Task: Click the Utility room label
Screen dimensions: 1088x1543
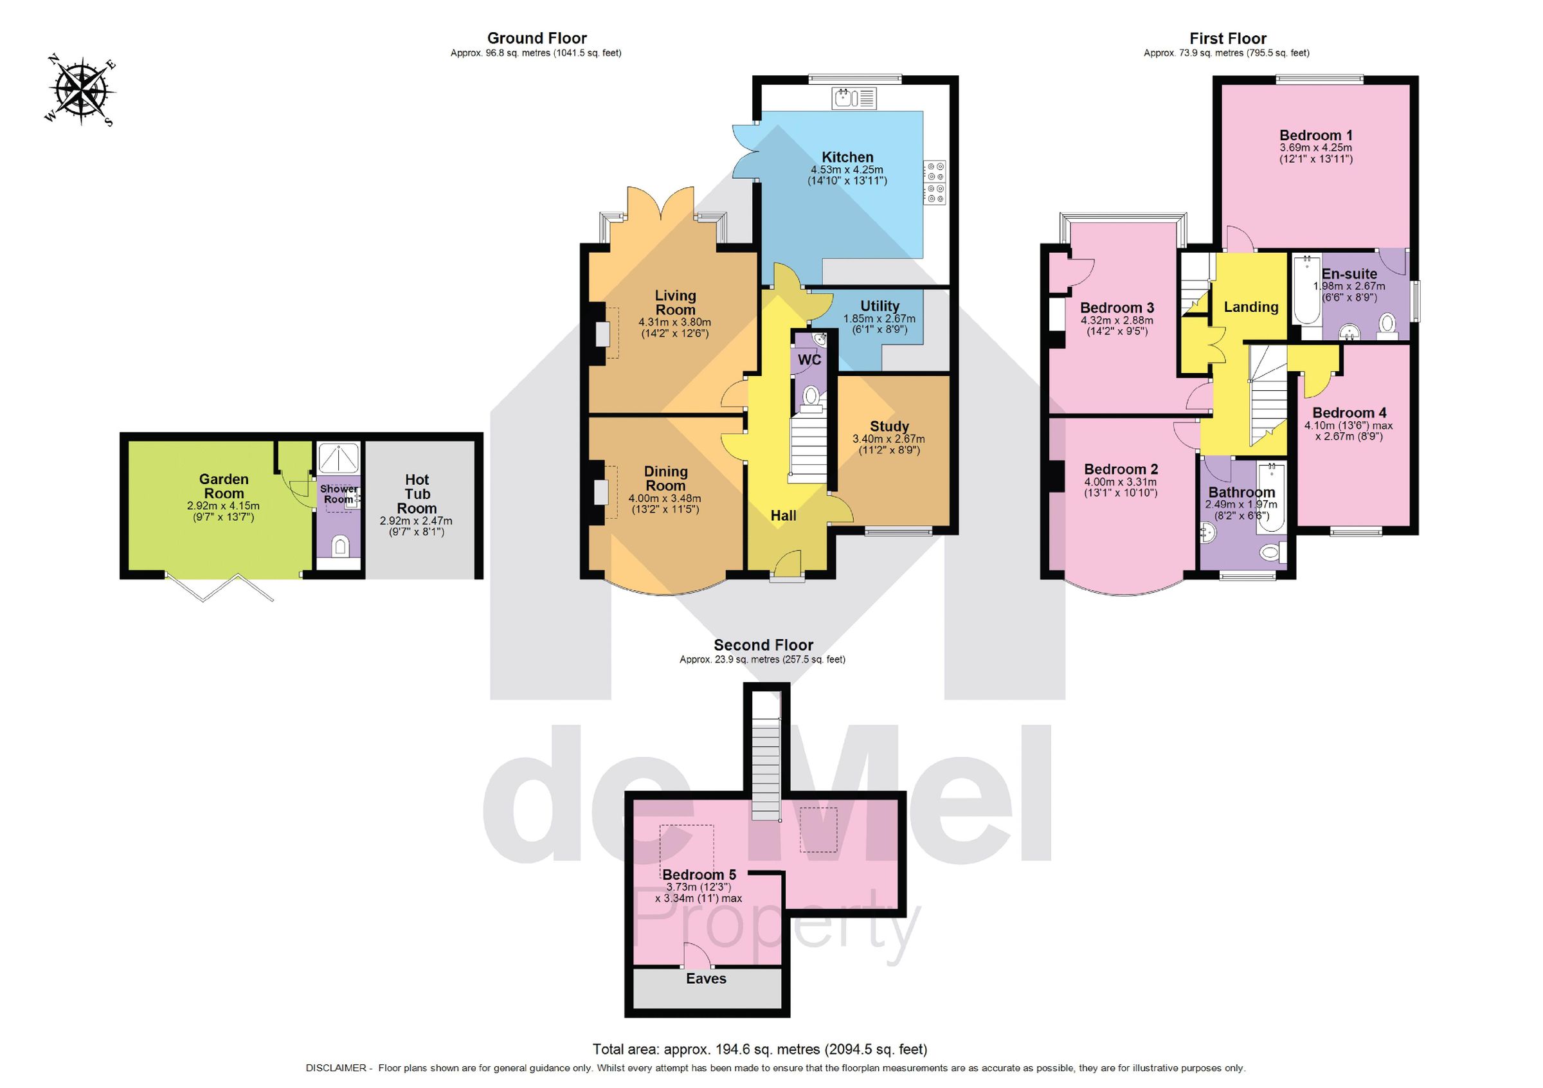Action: click(x=879, y=306)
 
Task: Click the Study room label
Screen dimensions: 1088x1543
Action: click(x=889, y=426)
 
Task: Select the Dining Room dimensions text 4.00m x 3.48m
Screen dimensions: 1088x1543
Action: click(x=664, y=498)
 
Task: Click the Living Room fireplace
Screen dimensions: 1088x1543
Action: click(x=602, y=334)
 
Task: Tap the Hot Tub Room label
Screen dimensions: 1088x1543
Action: click(x=417, y=494)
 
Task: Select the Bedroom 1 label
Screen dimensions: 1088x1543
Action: click(x=1315, y=135)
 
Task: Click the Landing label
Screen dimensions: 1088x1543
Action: click(x=1250, y=307)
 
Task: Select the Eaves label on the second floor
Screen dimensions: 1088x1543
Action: click(x=706, y=979)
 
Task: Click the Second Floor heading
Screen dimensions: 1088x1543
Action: click(x=762, y=645)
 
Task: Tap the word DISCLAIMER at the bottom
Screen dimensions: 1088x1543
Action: click(x=336, y=1068)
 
